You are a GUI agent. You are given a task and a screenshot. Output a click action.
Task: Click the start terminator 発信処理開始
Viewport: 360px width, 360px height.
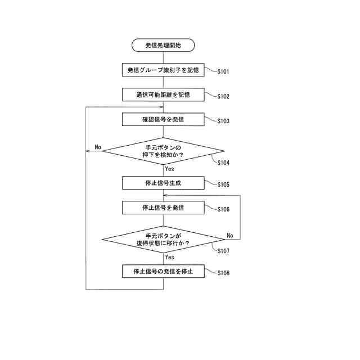click(x=163, y=45)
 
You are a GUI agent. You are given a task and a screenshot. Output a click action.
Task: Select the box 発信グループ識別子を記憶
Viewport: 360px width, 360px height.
click(x=163, y=70)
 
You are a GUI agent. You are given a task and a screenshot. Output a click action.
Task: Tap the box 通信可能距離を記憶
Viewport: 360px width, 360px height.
click(x=163, y=94)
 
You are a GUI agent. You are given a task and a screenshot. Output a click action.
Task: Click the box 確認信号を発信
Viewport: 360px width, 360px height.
click(x=163, y=119)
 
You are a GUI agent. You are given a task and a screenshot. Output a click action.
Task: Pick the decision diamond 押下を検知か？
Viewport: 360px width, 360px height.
click(x=163, y=151)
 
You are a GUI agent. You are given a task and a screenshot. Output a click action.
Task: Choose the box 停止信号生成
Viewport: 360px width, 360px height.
click(x=163, y=183)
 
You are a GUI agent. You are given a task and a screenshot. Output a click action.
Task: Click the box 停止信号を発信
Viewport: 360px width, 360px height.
click(x=163, y=208)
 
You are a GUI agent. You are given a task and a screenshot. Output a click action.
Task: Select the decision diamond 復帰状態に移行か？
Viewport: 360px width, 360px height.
click(x=163, y=240)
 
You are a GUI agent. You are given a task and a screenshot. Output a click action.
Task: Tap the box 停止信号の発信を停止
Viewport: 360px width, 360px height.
click(x=163, y=271)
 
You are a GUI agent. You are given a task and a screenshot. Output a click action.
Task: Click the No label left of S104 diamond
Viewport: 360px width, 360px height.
click(x=97, y=147)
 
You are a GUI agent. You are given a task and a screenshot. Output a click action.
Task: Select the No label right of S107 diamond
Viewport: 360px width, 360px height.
click(x=230, y=235)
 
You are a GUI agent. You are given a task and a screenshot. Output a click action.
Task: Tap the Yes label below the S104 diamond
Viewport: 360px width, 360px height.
click(x=169, y=169)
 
